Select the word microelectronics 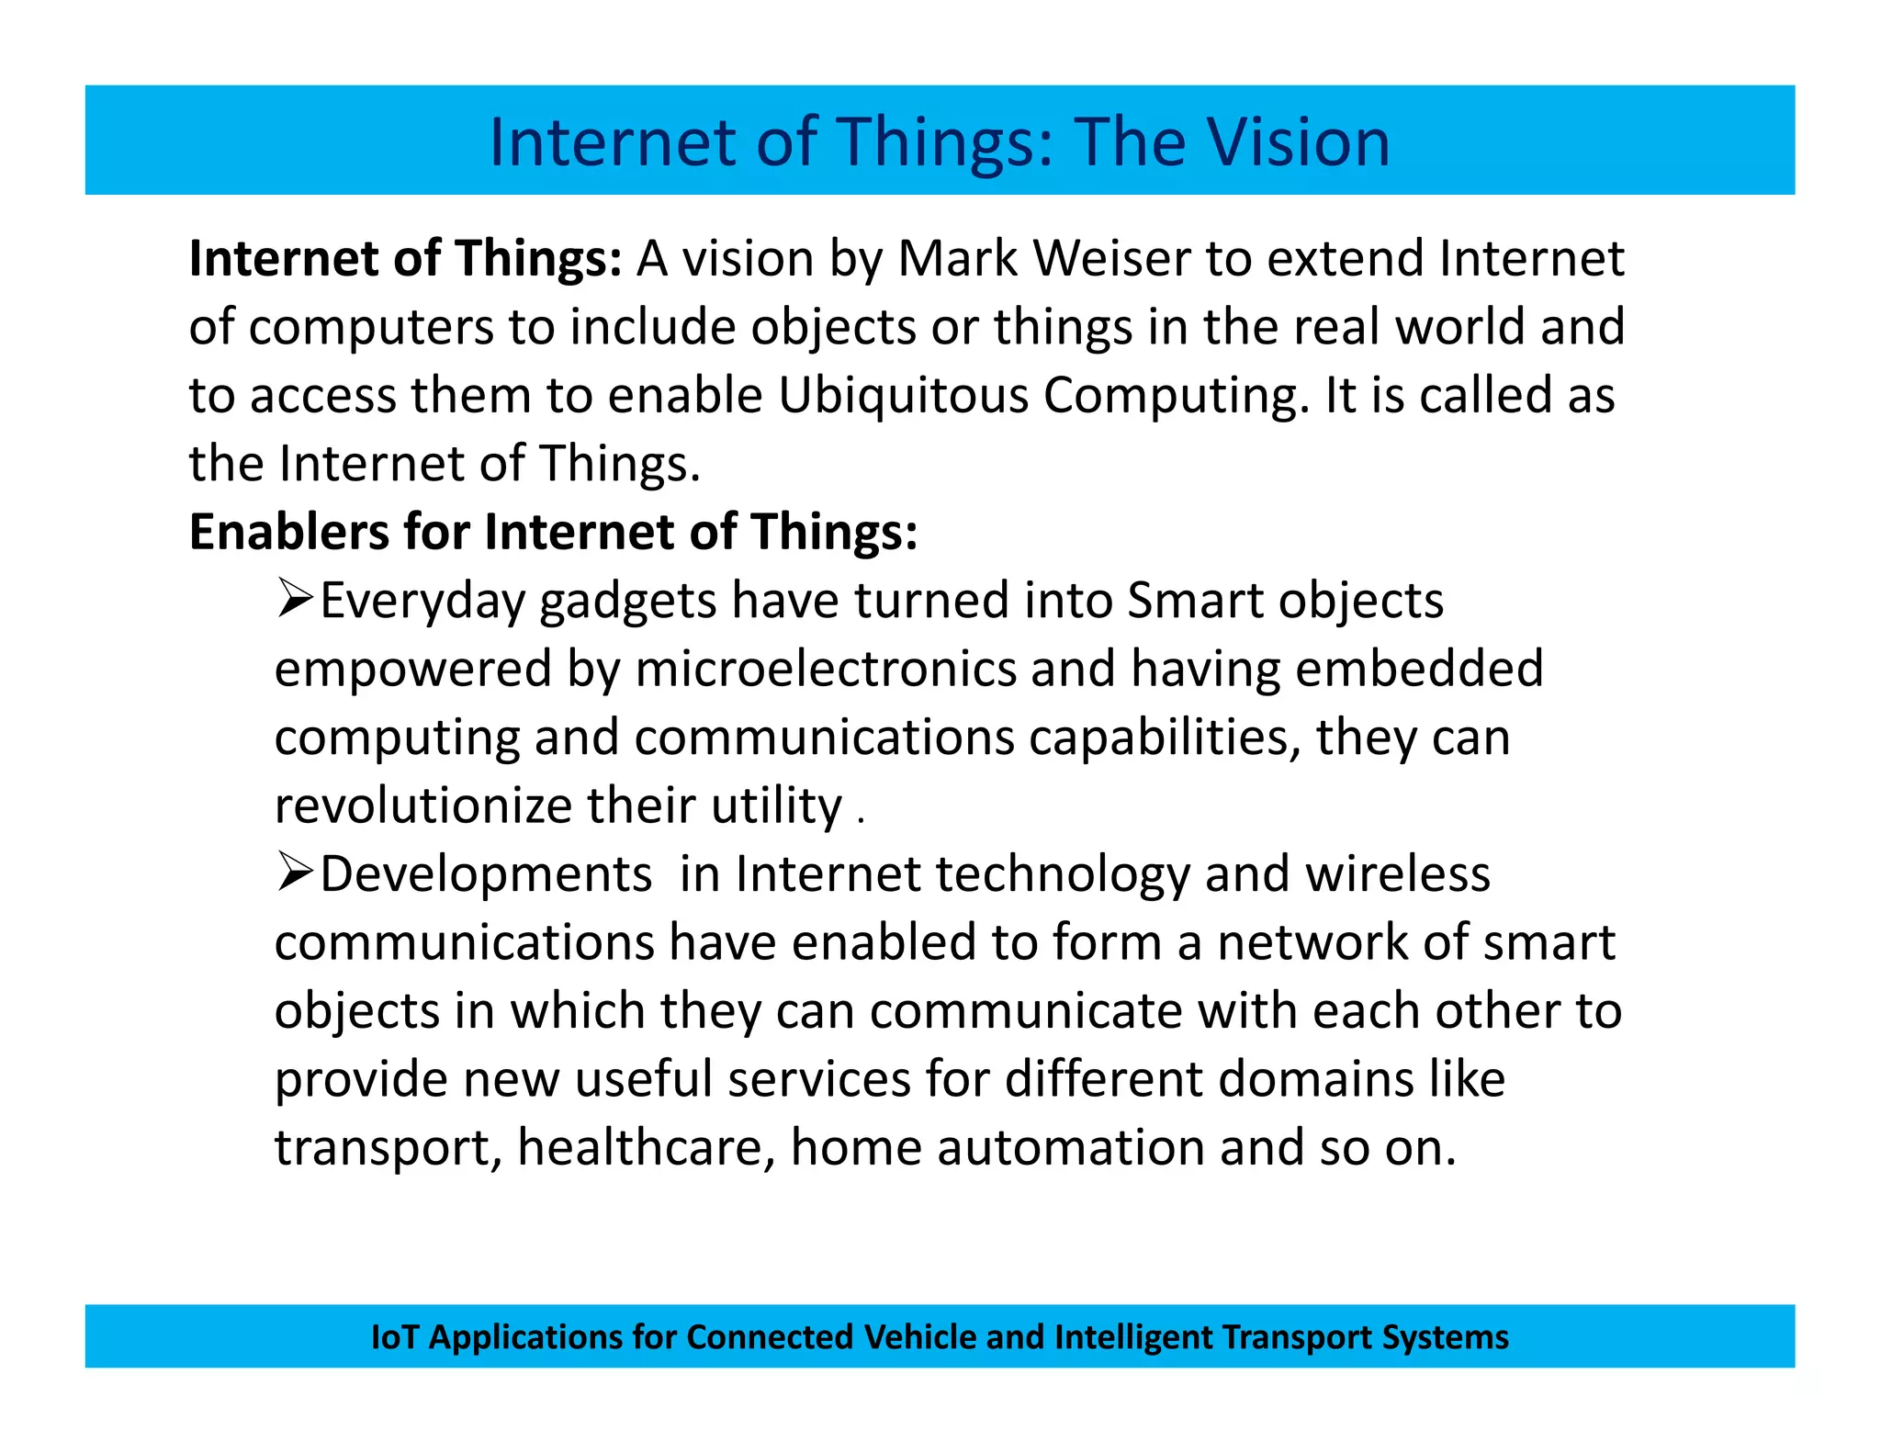point(826,669)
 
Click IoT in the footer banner point(394,1336)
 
